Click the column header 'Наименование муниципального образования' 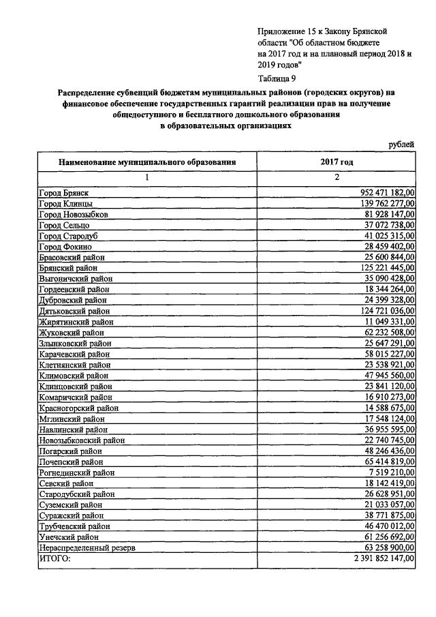click(x=147, y=163)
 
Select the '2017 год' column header click(x=337, y=163)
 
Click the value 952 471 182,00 click(x=386, y=194)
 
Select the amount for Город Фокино click(x=389, y=245)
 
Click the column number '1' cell click(x=146, y=178)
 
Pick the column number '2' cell click(x=336, y=178)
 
